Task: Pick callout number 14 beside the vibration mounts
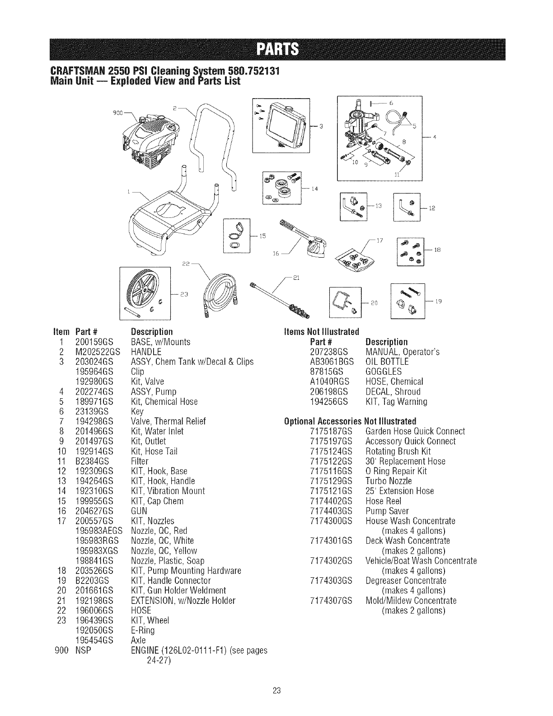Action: pyautogui.click(x=315, y=188)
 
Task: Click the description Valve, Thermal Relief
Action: pyautogui.click(x=168, y=421)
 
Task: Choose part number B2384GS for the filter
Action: pyautogui.click(x=93, y=461)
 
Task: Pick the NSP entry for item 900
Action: pyautogui.click(x=83, y=650)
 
